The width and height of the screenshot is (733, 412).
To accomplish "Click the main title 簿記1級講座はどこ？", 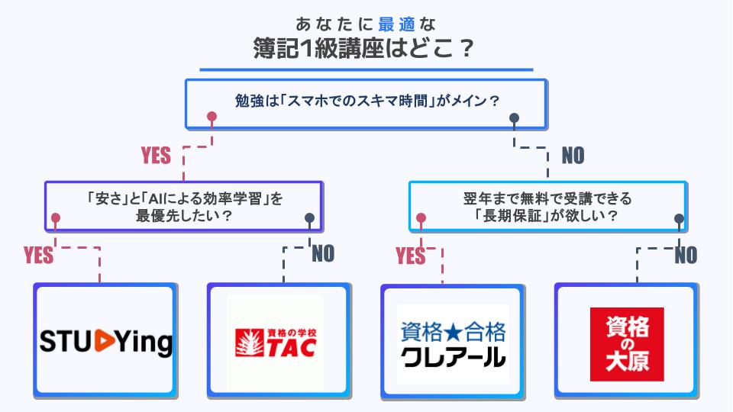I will [x=366, y=50].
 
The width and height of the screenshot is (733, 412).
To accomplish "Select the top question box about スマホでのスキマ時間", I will [x=366, y=101].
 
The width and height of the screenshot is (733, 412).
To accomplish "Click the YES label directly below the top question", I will [x=156, y=156].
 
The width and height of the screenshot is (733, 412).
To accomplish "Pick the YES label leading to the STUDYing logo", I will [x=39, y=256].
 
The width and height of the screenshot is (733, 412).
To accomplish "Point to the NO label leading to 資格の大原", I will [x=686, y=256].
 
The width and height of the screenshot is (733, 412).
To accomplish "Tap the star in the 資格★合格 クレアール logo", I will [x=453, y=333].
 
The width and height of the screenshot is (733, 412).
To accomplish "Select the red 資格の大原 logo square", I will [x=627, y=344].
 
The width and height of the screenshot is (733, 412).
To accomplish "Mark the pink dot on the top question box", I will [x=212, y=117].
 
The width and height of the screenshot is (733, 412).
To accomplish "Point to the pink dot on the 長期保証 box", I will [x=420, y=219].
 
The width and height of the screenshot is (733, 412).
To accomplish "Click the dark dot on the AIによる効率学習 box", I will [x=309, y=218].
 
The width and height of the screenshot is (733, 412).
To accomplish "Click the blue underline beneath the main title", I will [x=366, y=70].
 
